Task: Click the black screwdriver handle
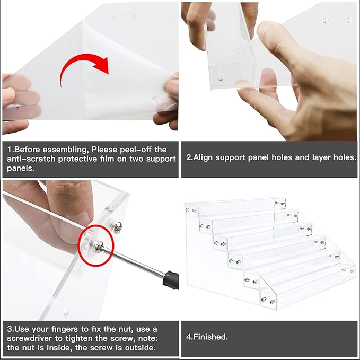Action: pyautogui.click(x=171, y=279)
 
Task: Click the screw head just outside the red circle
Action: pyautogui.click(x=116, y=226)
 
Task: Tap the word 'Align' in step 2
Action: pyautogui.click(x=203, y=157)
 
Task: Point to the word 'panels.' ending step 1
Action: pyautogui.click(x=21, y=169)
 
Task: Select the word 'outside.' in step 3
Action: pyautogui.click(x=141, y=348)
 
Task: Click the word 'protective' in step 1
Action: pyautogui.click(x=78, y=159)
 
